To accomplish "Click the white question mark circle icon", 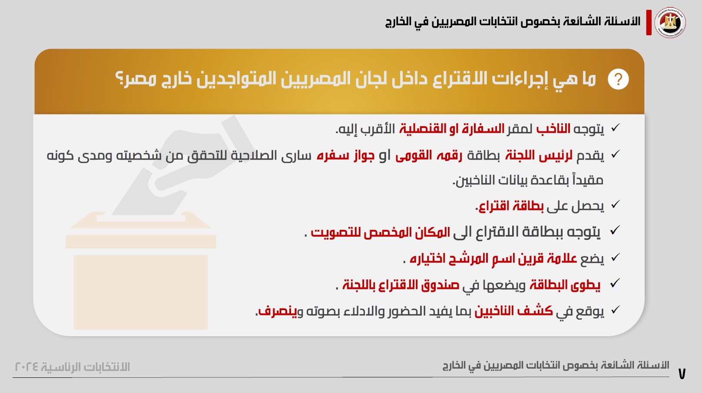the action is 618,79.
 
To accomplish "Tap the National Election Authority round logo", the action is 670,23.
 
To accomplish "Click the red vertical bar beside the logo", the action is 649,23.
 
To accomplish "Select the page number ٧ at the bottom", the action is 682,374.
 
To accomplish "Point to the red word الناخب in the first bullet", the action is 553,129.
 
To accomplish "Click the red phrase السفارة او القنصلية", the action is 452,129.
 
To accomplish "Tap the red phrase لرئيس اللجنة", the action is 539,156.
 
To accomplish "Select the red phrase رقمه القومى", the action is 429,156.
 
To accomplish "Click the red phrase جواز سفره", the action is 345,156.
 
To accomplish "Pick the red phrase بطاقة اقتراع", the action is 510,206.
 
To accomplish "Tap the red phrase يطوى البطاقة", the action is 565,285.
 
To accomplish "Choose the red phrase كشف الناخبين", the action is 513,311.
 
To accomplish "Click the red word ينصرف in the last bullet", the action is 277,311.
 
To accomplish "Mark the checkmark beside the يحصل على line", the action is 615,204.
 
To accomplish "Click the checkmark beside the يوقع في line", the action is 615,309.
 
